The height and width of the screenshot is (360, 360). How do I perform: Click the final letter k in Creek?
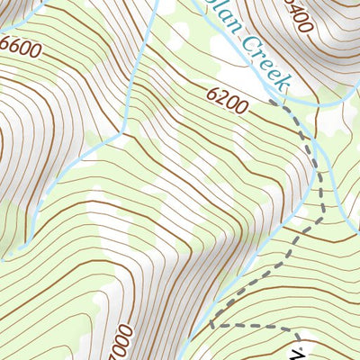pos(283,84)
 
